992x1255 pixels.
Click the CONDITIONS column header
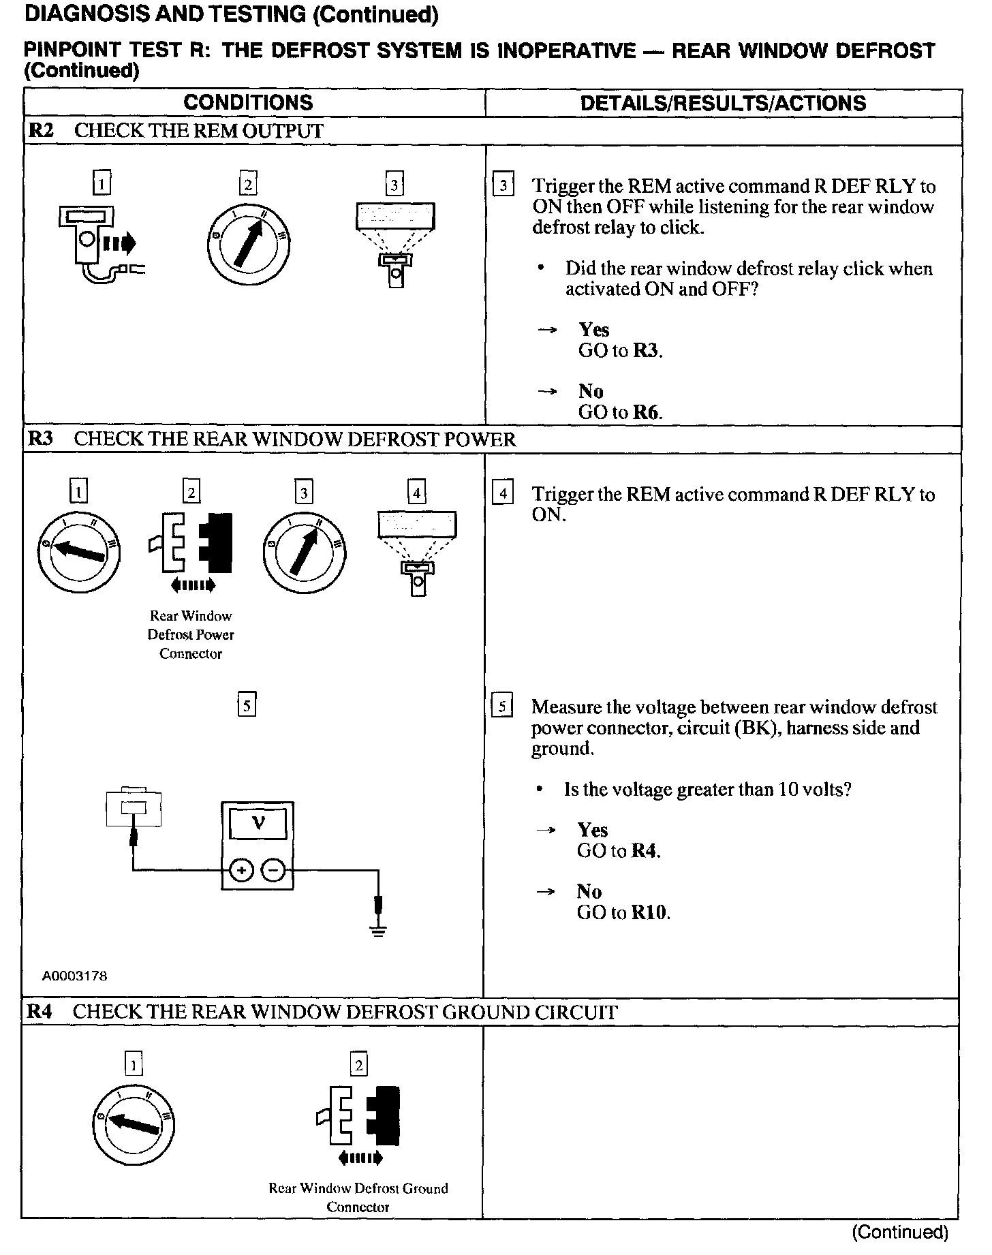(248, 103)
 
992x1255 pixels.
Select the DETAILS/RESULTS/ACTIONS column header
(723, 103)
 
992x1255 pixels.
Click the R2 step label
(41, 131)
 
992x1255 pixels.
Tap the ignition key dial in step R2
(249, 243)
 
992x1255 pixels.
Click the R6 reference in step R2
(647, 412)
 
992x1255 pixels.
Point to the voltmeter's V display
(258, 824)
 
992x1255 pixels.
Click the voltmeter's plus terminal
(241, 871)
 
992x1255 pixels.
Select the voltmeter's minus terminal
(273, 871)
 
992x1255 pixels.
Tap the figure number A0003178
(75, 976)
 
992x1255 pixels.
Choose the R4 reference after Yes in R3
(645, 851)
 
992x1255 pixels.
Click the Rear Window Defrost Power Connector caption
(191, 634)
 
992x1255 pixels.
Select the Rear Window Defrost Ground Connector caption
(358, 1197)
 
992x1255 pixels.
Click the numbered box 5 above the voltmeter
(247, 704)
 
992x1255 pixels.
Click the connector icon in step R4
(358, 1117)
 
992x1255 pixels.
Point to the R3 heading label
(40, 439)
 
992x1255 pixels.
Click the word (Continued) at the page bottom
(900, 1232)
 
